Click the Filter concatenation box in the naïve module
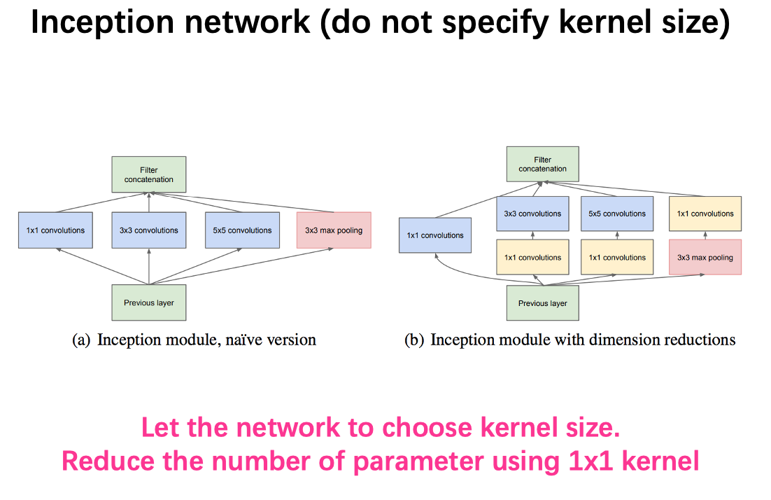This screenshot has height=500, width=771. (x=148, y=174)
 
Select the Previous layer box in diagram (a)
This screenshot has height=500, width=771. (x=148, y=303)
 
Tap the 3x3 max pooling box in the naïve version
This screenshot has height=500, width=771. (x=334, y=230)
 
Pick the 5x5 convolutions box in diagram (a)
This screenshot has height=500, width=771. (x=242, y=230)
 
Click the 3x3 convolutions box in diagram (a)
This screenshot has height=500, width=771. (x=148, y=230)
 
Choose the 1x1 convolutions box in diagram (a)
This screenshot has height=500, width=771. (x=55, y=230)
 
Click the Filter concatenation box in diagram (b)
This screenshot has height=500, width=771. (x=543, y=164)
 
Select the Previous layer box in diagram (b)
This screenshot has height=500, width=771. (x=543, y=303)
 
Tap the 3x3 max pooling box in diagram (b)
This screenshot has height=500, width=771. (x=705, y=258)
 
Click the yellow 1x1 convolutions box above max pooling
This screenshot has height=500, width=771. (x=705, y=214)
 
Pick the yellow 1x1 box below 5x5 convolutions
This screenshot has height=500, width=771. (x=617, y=258)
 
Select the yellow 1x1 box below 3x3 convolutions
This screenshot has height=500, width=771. (x=532, y=258)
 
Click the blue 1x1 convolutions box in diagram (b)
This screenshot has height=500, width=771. (x=435, y=235)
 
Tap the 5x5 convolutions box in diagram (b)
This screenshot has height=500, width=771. (x=617, y=214)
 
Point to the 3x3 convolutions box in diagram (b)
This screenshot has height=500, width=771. (x=532, y=214)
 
